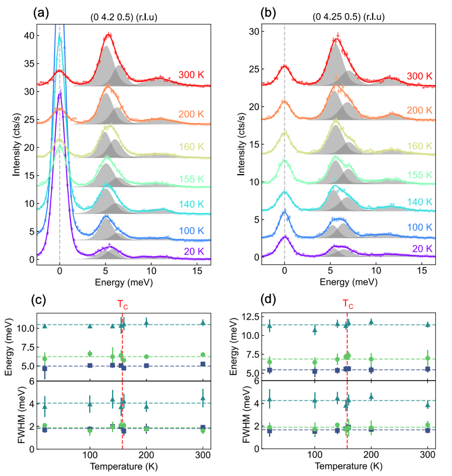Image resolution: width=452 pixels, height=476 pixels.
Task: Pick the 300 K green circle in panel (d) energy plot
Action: (428, 358)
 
